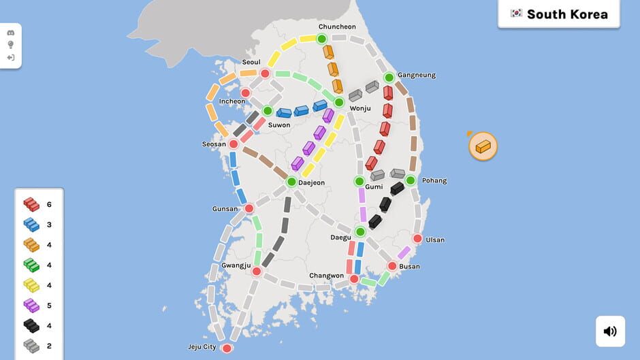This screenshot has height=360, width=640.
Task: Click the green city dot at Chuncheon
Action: (x=322, y=39)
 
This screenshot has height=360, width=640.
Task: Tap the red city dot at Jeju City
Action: (x=227, y=348)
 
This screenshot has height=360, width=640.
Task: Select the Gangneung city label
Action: (x=416, y=75)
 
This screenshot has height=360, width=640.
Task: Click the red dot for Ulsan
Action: (x=417, y=239)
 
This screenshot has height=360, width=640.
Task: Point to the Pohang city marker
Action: (x=411, y=180)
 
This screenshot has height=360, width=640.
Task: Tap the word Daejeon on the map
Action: (x=311, y=182)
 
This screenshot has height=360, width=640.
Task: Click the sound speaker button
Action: (x=610, y=331)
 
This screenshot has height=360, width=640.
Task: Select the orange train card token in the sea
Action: (x=483, y=146)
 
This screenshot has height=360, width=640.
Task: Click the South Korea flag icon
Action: (x=516, y=14)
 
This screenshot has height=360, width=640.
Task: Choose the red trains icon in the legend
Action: (x=31, y=204)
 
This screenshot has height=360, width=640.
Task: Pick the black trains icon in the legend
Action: (x=31, y=326)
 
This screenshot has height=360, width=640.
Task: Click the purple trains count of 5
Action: (x=49, y=306)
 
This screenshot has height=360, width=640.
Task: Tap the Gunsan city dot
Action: (x=249, y=208)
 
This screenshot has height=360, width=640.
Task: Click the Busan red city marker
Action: (x=392, y=266)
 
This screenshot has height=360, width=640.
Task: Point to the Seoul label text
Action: (x=251, y=63)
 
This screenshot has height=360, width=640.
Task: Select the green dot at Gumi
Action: (x=359, y=181)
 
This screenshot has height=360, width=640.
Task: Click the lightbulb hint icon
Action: (x=11, y=45)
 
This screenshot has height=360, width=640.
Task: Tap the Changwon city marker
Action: (x=354, y=279)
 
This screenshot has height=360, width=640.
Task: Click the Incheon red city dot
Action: (x=246, y=93)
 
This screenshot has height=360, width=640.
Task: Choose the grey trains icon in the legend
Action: (x=31, y=346)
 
